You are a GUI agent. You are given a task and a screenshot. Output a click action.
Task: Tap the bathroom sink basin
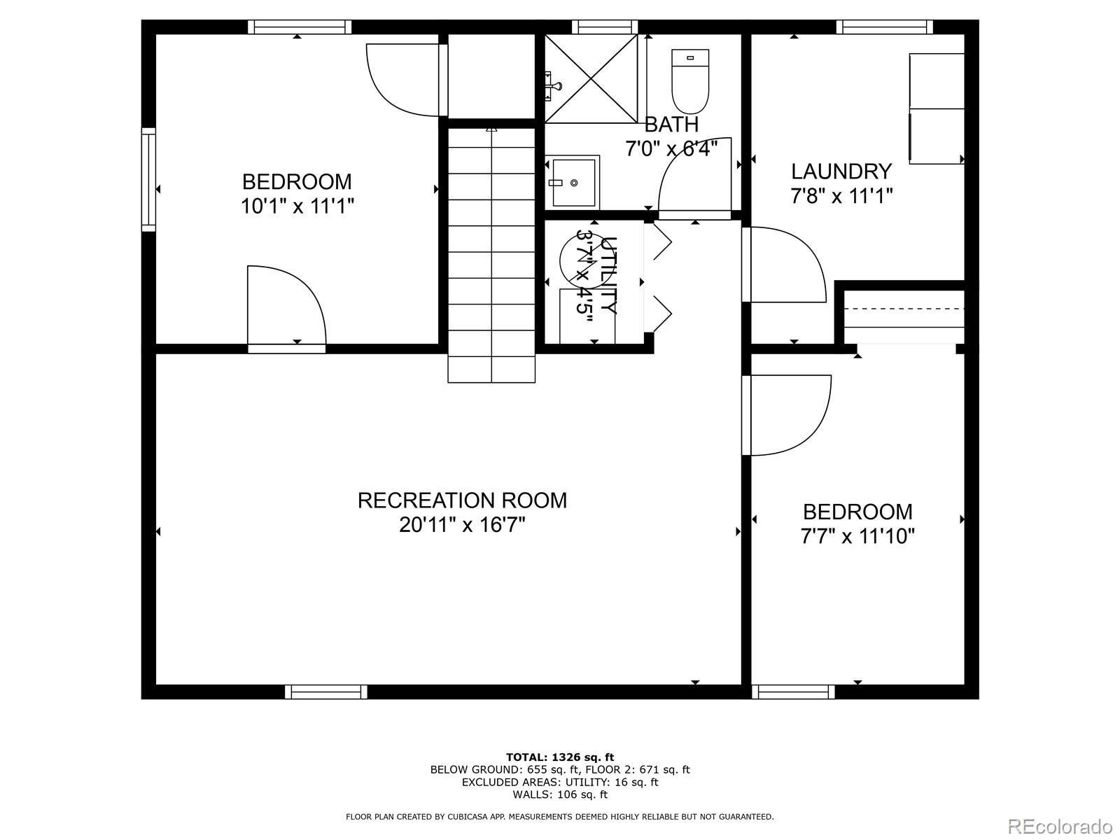click(x=573, y=182)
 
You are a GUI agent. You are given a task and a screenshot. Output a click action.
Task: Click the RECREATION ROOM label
click(x=462, y=500)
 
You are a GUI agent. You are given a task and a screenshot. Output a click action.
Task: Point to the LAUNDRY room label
click(x=841, y=171)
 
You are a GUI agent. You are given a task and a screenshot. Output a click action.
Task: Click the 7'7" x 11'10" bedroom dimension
click(x=857, y=537)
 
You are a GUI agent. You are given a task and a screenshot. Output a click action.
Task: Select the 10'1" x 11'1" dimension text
click(x=297, y=206)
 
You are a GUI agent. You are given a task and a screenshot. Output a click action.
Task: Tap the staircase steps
click(x=491, y=252)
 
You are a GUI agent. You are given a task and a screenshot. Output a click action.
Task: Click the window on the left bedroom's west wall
click(x=148, y=179)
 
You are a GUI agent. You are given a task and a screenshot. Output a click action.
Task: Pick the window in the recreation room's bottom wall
click(x=326, y=692)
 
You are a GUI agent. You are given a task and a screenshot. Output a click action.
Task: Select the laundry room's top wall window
click(x=884, y=27)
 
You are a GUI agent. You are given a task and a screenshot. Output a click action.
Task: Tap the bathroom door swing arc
click(x=693, y=175)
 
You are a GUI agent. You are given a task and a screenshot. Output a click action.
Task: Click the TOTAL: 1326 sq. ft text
click(x=559, y=757)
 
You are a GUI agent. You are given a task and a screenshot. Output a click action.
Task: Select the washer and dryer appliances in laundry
click(x=936, y=108)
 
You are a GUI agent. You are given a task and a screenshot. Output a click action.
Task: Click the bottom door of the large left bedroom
click(x=287, y=308)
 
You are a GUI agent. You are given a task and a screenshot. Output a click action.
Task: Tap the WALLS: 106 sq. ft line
click(x=559, y=794)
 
